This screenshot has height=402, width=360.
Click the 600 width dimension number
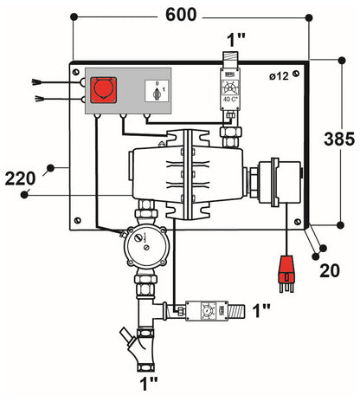point(181,15)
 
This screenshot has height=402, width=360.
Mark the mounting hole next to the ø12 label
point(298,75)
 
